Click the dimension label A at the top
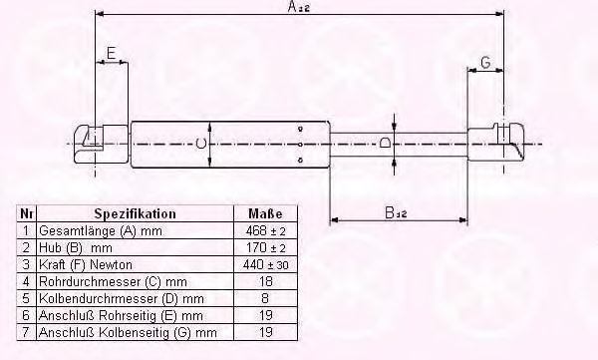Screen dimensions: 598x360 299,7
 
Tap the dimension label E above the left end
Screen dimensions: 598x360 111,53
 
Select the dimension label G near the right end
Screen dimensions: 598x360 486,62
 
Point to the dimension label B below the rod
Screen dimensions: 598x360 396,212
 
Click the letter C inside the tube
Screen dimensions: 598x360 201,144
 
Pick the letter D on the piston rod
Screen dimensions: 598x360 385,144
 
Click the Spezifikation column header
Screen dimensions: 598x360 135,213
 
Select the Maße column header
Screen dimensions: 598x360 265,213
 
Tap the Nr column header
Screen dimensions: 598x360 26,213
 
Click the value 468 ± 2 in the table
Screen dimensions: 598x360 265,230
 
